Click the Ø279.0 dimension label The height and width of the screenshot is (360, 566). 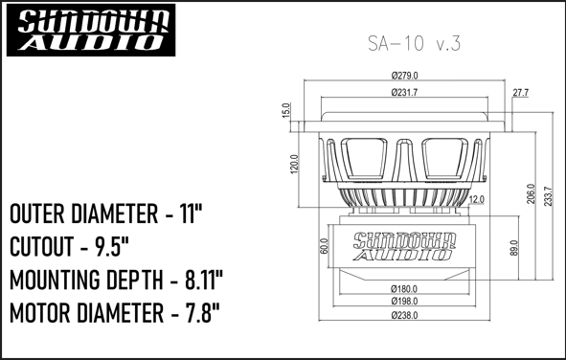click(405, 76)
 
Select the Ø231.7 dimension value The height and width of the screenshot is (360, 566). click(404, 93)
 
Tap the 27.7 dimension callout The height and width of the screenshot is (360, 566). click(521, 93)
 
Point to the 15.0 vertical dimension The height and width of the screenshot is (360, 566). click(286, 110)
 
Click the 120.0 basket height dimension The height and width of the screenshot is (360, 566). click(295, 164)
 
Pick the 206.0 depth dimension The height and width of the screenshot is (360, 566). click(531, 193)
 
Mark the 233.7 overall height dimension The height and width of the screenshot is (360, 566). click(548, 196)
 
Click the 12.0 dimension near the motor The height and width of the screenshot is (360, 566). click(477, 199)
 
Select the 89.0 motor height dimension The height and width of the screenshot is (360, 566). click(513, 248)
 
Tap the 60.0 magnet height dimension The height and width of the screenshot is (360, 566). click(324, 246)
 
